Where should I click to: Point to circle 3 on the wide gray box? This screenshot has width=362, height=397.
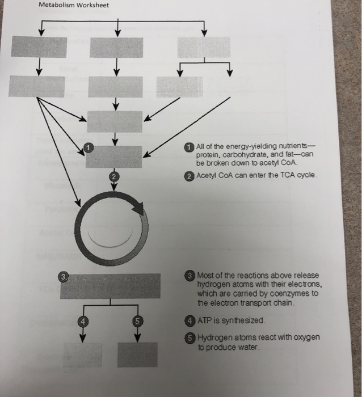pos(65,276)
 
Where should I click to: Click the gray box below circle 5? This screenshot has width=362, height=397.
pos(137,354)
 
